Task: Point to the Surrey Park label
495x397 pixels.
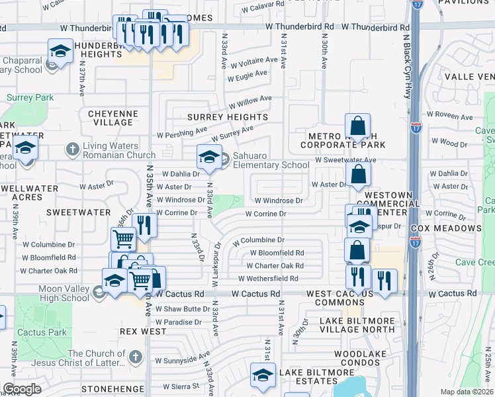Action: pos(30,97)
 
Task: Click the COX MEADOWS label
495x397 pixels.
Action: pos(445,228)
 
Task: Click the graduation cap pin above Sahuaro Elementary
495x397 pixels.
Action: pos(208,157)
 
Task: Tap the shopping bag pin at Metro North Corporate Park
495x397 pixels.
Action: pos(357,126)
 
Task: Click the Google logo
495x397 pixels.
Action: pos(22,389)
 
